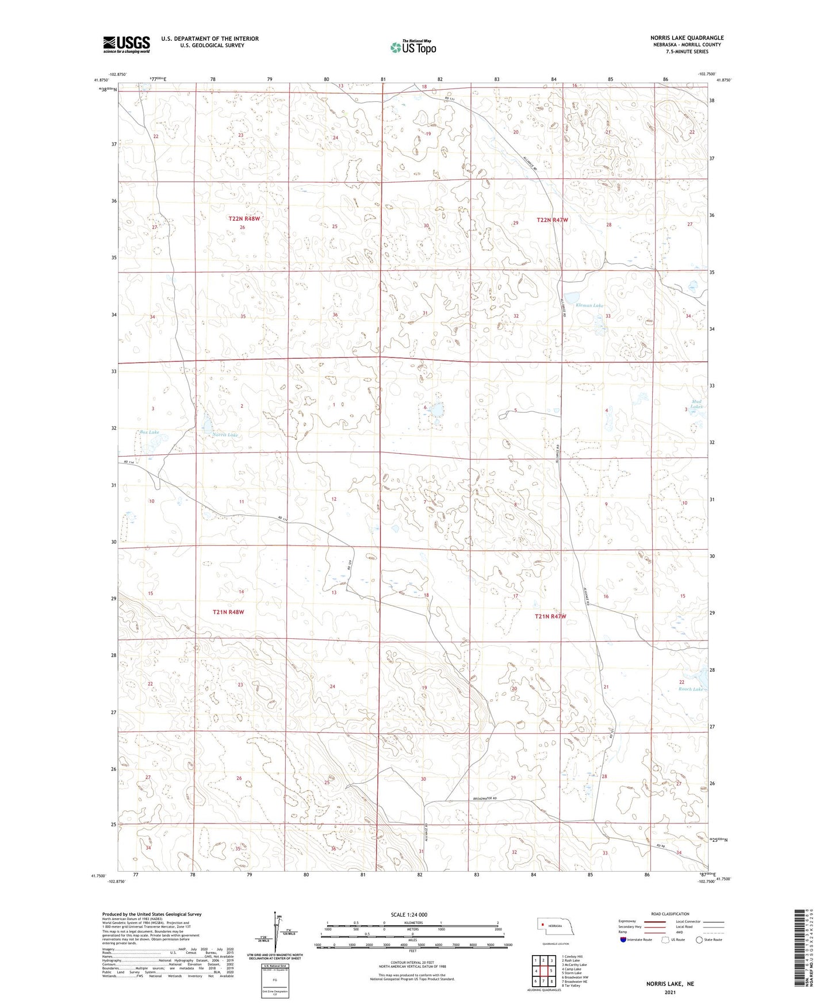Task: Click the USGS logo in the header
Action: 127,44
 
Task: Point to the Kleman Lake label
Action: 585,305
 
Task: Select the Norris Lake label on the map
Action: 225,435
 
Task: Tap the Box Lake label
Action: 149,432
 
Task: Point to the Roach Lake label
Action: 691,689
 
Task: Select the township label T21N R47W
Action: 550,616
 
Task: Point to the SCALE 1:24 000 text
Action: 409,914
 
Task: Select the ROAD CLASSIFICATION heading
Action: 670,914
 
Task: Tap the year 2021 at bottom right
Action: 669,992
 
